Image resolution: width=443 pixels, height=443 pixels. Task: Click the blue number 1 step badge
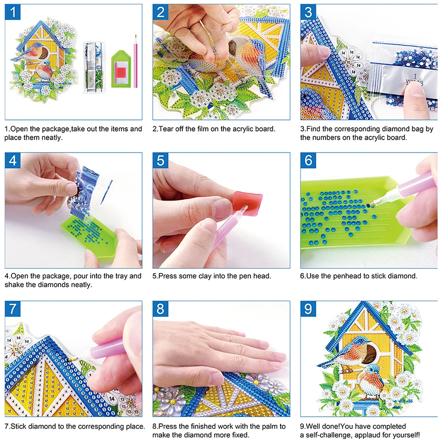pos(13,12)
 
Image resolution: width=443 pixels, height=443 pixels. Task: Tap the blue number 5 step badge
pos(160,160)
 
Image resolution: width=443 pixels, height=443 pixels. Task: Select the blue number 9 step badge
pos(308,308)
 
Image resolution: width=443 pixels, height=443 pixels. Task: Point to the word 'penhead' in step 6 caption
pos(338,276)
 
